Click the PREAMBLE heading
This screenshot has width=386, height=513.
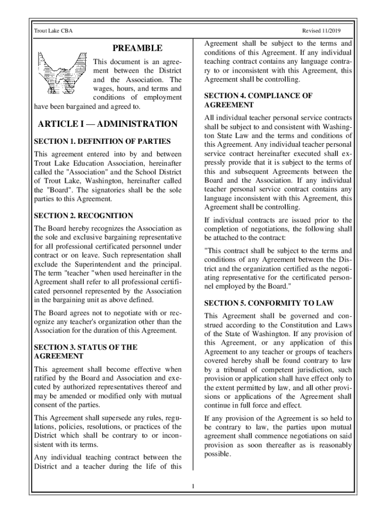click(137, 48)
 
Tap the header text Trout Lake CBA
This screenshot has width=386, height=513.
click(53, 31)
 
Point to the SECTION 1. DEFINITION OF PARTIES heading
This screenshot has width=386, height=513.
click(102, 141)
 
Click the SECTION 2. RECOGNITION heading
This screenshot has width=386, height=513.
click(83, 215)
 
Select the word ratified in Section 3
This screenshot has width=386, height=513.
click(46, 378)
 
